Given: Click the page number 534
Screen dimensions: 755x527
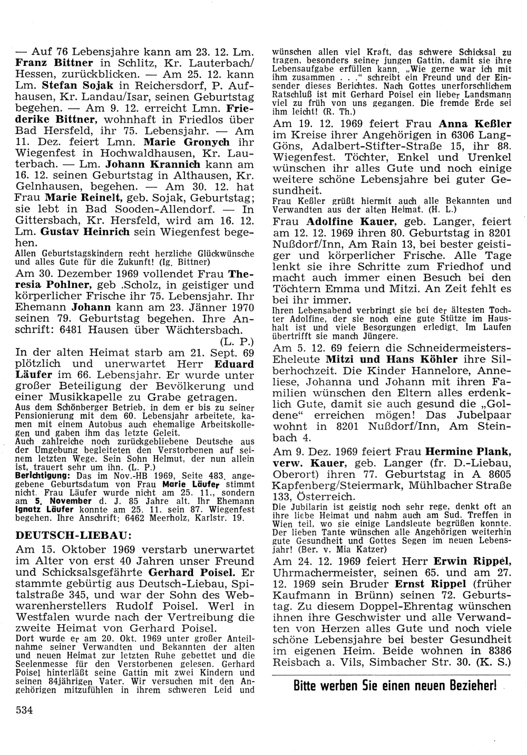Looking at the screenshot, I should coord(24,710).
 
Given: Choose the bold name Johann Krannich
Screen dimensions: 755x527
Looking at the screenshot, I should coord(140,165).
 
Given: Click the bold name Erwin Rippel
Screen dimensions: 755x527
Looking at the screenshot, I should coord(467,560).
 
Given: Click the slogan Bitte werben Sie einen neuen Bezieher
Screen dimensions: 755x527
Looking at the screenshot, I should coord(395,686).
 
